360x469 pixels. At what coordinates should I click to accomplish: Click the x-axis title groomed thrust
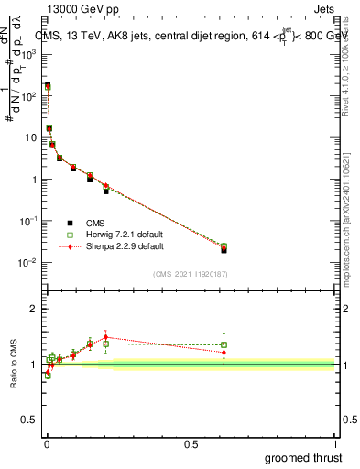[x=304, y=456]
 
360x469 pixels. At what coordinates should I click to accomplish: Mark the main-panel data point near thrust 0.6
[x=224, y=249]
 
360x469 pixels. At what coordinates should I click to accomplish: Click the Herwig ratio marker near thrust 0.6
[x=224, y=344]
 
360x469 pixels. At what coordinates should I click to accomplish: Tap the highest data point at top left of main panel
[x=47, y=85]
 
